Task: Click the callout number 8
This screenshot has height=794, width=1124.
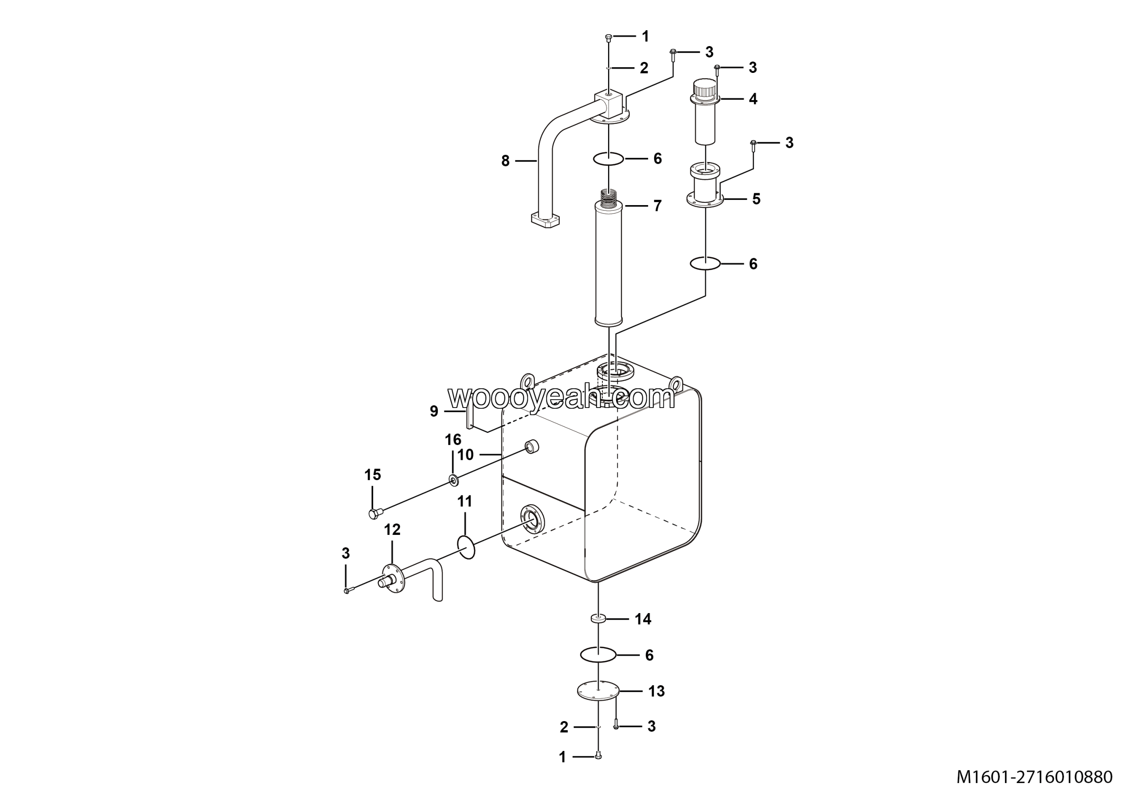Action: tap(505, 161)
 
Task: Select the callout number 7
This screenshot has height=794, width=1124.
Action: tap(657, 206)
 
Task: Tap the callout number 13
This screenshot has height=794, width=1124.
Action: tap(656, 691)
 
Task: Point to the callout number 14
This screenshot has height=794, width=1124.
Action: tap(643, 619)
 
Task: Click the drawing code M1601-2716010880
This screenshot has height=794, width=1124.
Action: tap(1034, 777)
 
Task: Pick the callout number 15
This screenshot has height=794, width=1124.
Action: tap(373, 474)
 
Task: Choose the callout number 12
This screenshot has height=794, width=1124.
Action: tap(392, 529)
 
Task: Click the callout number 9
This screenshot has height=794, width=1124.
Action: tap(434, 411)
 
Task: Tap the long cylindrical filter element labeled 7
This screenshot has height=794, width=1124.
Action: tap(608, 264)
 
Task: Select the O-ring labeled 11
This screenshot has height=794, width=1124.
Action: tap(466, 547)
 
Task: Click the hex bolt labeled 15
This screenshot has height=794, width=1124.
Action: tap(375, 514)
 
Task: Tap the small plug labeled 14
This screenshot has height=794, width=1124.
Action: tap(598, 619)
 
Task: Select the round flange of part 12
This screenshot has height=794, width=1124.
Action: tap(393, 579)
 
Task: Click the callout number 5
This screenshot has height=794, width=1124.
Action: tap(757, 199)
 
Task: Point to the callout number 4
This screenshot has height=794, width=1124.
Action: tap(753, 99)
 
